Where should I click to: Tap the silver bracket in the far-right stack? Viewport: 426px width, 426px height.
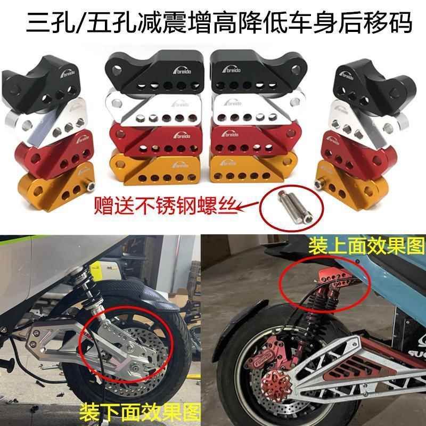click(352, 117)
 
